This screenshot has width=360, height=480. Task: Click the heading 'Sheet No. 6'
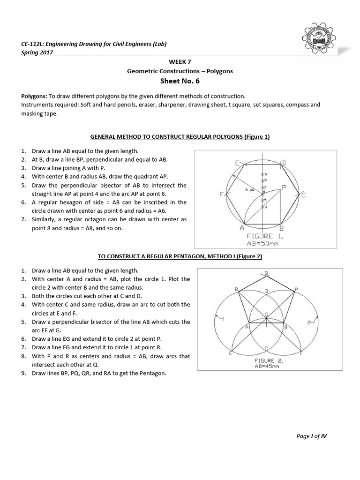pos(180,81)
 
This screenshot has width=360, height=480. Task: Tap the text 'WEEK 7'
pos(180,61)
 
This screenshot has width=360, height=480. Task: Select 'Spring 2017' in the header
pos(37,52)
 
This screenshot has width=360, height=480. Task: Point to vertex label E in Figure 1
pos(237,163)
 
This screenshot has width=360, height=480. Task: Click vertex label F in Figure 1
pos(220,195)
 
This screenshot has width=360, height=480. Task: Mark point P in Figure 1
pos(284,187)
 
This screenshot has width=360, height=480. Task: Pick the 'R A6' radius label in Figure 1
pos(249,190)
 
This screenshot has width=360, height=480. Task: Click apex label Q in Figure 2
pos(266,273)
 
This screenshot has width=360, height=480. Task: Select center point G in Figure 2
pos(266,314)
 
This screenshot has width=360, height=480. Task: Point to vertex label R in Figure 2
pos(236,289)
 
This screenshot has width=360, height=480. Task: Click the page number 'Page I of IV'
pos(312,435)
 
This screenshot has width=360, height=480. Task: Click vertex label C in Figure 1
pos(303,195)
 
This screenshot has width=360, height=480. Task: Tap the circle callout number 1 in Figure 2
pos(223,319)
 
